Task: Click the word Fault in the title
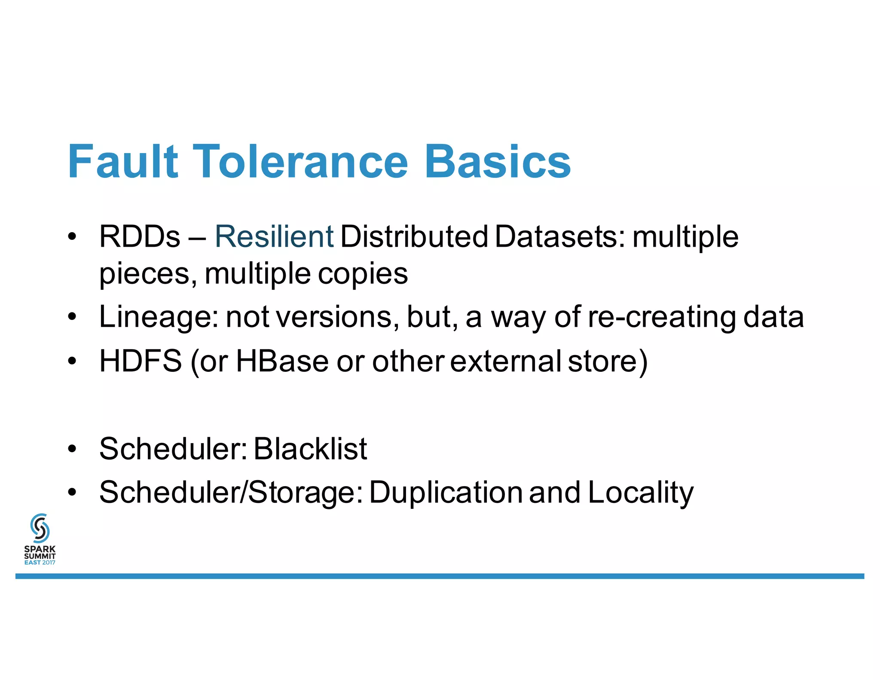(123, 162)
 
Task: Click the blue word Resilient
(274, 237)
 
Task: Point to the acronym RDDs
(139, 237)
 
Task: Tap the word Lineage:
(159, 317)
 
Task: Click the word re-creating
(662, 317)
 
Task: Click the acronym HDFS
(141, 361)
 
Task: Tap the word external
(505, 361)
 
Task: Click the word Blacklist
(310, 449)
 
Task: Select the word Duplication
(446, 493)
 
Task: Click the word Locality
(640, 493)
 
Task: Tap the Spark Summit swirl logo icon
(40, 528)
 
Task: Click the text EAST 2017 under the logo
(40, 563)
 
